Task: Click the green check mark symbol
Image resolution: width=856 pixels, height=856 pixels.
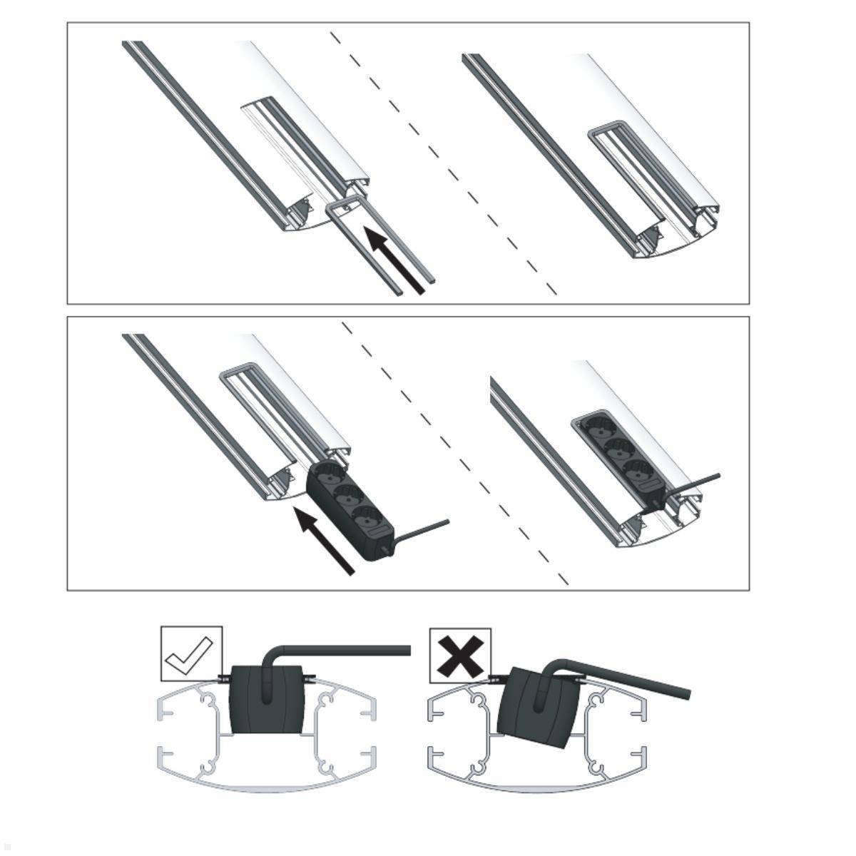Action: coord(190,651)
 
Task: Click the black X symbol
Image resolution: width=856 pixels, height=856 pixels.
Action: coord(460,653)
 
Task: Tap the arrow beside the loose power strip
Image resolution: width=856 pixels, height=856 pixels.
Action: coord(325,540)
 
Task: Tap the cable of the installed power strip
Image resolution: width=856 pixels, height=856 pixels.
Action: coord(695,482)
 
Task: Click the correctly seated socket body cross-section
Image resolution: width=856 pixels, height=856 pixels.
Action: coord(265,700)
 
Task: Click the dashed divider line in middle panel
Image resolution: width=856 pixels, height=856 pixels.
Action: coord(457,457)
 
